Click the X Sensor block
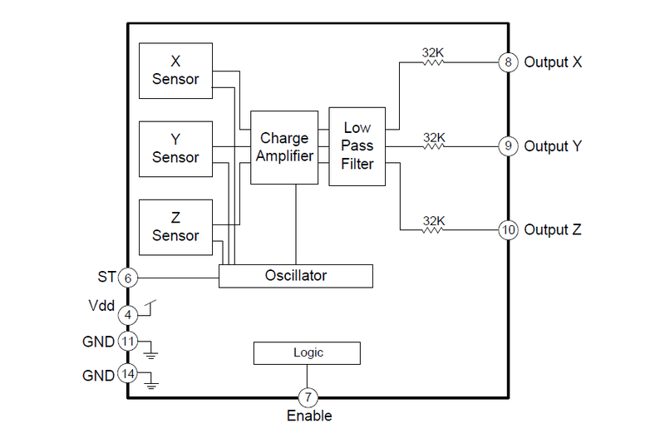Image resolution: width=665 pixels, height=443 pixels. pyautogui.click(x=175, y=71)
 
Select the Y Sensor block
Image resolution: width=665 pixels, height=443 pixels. pyautogui.click(x=175, y=148)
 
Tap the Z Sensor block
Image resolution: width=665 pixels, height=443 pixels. pyautogui.click(x=175, y=227)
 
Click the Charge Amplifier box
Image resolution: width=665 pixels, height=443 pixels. pyautogui.click(x=284, y=147)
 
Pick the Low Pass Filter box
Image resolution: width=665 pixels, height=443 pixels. pyautogui.click(x=357, y=145)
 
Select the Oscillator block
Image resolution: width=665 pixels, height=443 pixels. pyautogui.click(x=295, y=275)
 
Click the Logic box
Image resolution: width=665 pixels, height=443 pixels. pyautogui.click(x=307, y=353)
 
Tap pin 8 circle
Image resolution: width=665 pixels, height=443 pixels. pyautogui.click(x=509, y=62)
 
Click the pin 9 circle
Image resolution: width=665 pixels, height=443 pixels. pyautogui.click(x=509, y=146)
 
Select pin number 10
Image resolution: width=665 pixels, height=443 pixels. pyautogui.click(x=509, y=229)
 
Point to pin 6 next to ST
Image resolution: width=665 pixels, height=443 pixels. pyautogui.click(x=127, y=277)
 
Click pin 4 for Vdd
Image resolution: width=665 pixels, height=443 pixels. pyautogui.click(x=127, y=316)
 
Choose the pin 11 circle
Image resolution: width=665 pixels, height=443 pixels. pyautogui.click(x=127, y=342)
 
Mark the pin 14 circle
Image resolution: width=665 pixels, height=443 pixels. pyautogui.click(x=127, y=374)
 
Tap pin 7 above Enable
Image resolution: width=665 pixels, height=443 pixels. pyautogui.click(x=308, y=397)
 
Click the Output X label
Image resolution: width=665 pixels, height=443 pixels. pyautogui.click(x=553, y=62)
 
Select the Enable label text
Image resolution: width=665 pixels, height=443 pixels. pyautogui.click(x=308, y=416)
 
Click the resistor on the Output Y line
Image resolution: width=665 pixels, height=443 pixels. pyautogui.click(x=433, y=146)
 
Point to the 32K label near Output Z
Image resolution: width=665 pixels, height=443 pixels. pyautogui.click(x=433, y=220)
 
